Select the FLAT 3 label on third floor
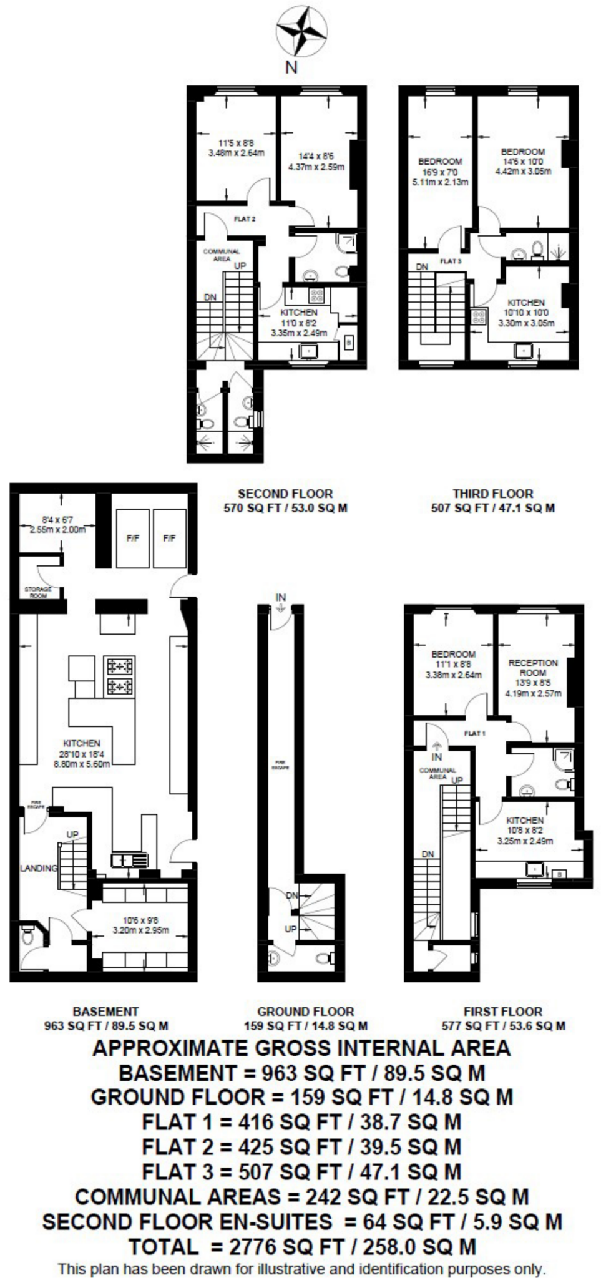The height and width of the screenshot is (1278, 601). (450, 261)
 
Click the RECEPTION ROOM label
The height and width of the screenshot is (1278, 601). (532, 668)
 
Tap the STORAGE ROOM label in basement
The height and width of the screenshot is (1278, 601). (38, 592)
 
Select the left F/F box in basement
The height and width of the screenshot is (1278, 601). (132, 538)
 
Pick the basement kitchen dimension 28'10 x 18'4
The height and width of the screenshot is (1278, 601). (82, 754)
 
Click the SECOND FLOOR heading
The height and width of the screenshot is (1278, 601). (285, 494)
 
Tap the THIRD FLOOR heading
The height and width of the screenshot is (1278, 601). (493, 494)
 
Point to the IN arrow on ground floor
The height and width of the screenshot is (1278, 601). (280, 602)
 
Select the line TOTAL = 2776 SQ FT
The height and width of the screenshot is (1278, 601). (302, 1247)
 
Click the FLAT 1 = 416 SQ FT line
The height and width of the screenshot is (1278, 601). (302, 1122)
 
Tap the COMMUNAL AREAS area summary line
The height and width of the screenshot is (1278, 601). (302, 1197)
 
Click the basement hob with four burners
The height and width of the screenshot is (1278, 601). (120, 676)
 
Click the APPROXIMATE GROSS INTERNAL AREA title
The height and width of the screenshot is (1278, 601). (302, 1048)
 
